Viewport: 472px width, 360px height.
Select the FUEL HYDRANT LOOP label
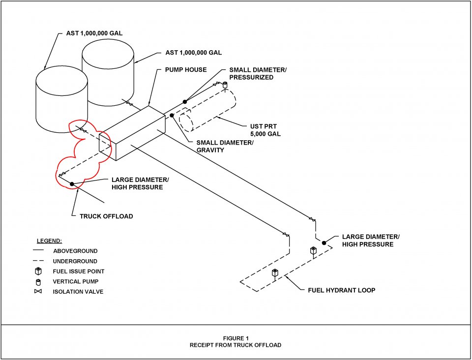[341, 290]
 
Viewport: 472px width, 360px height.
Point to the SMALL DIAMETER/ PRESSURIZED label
[258, 74]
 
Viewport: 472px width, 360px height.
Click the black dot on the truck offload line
[72, 184]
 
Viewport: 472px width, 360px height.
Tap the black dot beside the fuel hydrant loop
[324, 242]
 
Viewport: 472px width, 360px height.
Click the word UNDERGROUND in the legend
[75, 261]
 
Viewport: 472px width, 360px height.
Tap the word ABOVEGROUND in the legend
[75, 251]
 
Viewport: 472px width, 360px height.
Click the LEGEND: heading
[49, 240]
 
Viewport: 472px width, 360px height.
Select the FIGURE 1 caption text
[236, 338]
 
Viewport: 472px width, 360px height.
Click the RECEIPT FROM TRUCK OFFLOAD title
[236, 345]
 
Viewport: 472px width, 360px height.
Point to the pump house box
[133, 133]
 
